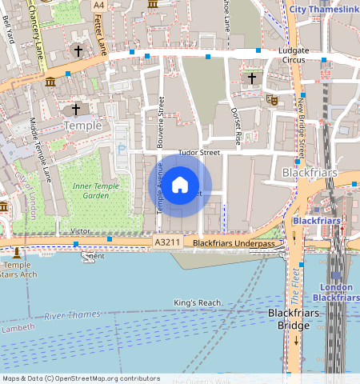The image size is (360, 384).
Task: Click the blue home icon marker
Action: (x=180, y=185)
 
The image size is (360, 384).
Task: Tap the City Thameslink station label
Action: (x=323, y=9)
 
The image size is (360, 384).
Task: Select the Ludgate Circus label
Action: (x=299, y=54)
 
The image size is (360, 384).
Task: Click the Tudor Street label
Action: (x=198, y=151)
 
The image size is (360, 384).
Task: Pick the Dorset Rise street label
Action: (x=235, y=125)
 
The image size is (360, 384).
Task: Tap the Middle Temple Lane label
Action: (x=40, y=147)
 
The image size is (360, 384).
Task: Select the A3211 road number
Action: (x=167, y=242)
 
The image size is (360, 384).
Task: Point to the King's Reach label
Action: (x=197, y=302)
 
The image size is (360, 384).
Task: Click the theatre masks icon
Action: (x=272, y=101)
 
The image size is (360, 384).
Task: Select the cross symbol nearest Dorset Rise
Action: (x=252, y=78)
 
